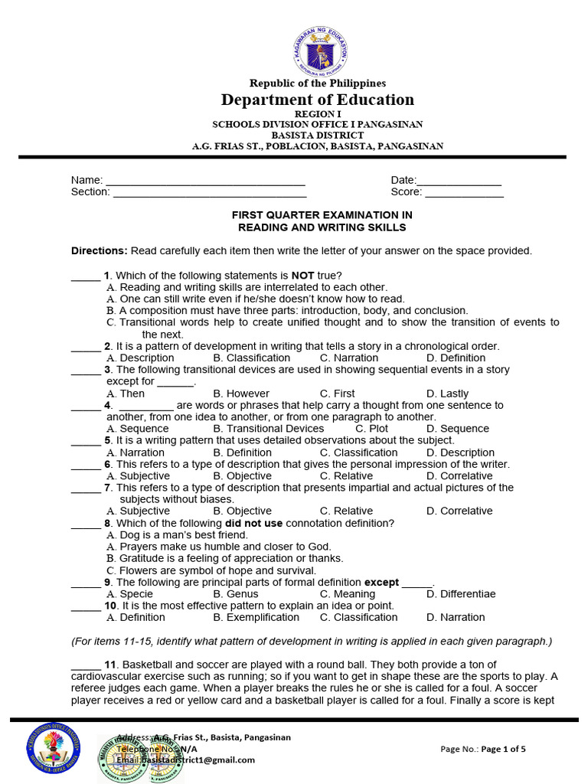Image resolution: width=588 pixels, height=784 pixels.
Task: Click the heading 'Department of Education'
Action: (317, 100)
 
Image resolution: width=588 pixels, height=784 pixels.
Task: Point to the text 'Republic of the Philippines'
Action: (317, 83)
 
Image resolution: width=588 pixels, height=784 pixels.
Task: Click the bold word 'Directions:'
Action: (100, 250)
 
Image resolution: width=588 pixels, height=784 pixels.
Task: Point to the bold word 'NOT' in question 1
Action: (303, 276)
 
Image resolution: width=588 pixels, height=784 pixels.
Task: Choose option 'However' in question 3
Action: (241, 394)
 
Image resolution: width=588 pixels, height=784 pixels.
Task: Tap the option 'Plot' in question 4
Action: (378, 429)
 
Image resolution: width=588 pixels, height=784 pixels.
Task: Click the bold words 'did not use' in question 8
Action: (253, 523)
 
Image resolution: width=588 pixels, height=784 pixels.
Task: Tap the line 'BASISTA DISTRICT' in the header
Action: (317, 136)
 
